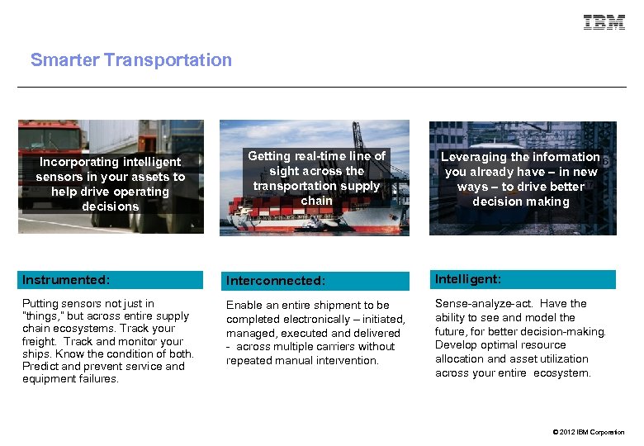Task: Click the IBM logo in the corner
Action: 604,22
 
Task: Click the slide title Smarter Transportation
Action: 131,60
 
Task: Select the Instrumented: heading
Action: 66,280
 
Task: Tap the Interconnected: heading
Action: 275,281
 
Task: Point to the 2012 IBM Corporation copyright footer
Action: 589,432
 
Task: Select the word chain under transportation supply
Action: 316,201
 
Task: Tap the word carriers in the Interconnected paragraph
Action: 329,347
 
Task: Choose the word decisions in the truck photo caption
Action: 111,206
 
